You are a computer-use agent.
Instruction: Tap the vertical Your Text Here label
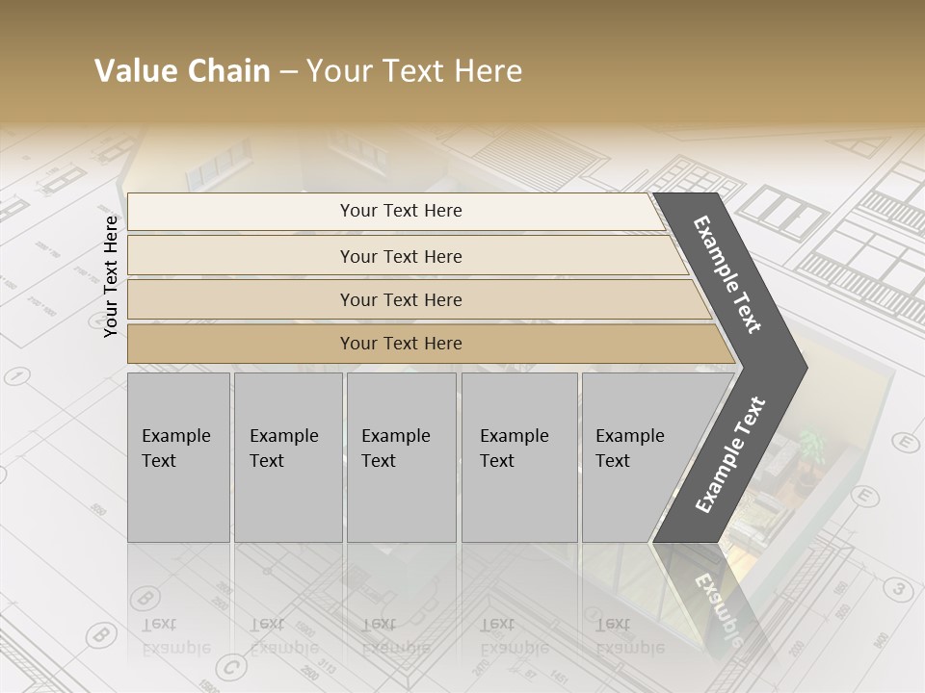tap(111, 276)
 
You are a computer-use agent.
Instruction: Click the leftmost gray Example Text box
tap(178, 457)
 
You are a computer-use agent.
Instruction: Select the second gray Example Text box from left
tap(288, 457)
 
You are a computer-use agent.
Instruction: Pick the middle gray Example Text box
tap(401, 457)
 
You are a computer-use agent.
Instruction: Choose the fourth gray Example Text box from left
tap(519, 457)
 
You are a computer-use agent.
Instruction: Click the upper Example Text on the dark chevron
tap(727, 274)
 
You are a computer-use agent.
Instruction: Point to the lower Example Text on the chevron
tap(730, 454)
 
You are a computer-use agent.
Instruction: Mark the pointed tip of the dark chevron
tap(805, 368)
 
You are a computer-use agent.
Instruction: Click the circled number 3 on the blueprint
tap(899, 589)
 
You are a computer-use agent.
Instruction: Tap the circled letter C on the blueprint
tap(230, 667)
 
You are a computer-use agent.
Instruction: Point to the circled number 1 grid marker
tap(16, 375)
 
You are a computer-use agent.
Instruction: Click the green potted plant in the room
tap(812, 444)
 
